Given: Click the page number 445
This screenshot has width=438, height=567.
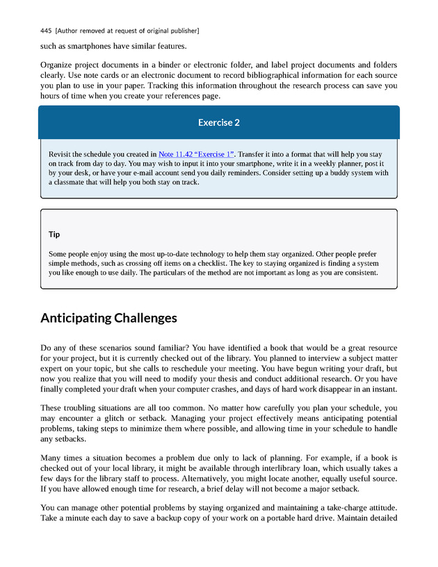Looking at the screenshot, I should (x=47, y=31).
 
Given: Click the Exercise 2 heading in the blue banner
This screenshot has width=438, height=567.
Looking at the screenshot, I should (x=219, y=122).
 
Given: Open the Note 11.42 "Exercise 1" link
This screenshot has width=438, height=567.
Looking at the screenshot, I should (x=197, y=154).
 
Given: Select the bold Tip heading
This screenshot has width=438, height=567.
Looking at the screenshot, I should (x=54, y=234).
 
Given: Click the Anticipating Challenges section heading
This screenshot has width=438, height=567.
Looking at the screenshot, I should (x=108, y=318).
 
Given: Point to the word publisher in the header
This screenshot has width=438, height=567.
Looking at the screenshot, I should (x=184, y=31).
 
